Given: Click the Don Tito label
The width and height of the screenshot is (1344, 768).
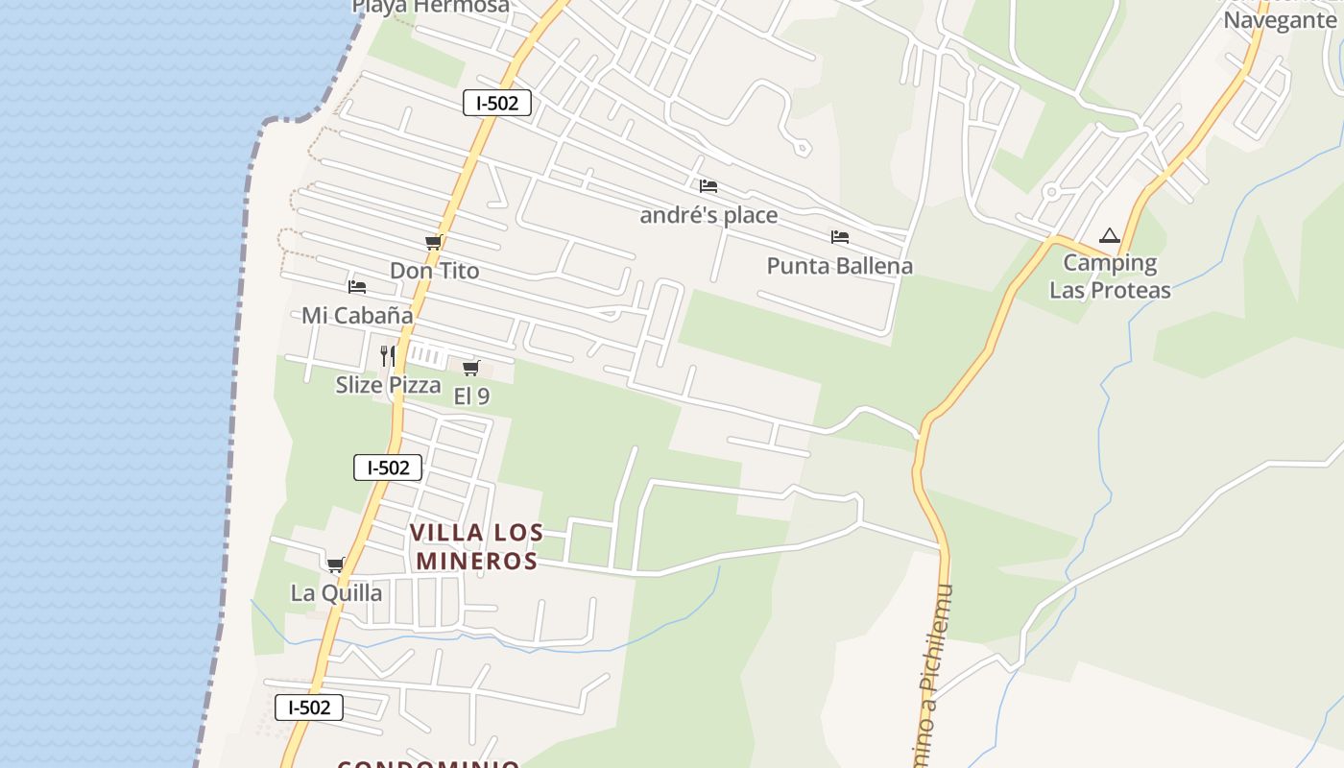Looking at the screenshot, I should coord(434,271).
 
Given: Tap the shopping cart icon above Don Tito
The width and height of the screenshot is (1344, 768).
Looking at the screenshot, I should coord(433,243).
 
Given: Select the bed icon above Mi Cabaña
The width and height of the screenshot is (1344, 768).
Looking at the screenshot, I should coord(357,286).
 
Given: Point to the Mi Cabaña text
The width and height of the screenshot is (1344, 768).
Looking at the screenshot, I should coord(357,315).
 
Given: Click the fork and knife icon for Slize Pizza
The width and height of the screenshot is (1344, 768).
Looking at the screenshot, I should coord(388,356).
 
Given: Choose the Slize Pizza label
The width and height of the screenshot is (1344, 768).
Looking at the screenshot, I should coord(388,385).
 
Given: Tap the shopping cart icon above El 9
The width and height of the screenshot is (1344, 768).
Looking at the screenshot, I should coord(470,368).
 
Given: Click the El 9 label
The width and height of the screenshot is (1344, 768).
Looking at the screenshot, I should coord(470,396).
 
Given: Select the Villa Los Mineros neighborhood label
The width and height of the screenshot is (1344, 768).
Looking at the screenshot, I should coord(476,546).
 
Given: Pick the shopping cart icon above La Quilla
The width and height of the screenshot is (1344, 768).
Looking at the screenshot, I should coord(335,564).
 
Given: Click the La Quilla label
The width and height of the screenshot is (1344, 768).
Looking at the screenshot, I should coord(336,592).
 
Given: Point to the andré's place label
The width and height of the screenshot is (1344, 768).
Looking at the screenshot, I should coord(708,214).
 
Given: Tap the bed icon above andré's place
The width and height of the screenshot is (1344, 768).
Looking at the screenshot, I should coord(708,186).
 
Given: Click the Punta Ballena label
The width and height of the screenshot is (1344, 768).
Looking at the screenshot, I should coord(839,265).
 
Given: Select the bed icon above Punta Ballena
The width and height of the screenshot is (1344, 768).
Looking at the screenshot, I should coord(840,237).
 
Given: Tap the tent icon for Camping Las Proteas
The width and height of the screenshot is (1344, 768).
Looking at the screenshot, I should coord(1110,235).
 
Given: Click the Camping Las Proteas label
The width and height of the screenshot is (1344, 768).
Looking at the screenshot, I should coord(1110,276).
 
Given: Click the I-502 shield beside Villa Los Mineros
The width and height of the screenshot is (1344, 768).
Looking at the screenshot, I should coord(388,468).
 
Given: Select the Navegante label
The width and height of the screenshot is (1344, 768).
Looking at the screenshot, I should coord(1280,20).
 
